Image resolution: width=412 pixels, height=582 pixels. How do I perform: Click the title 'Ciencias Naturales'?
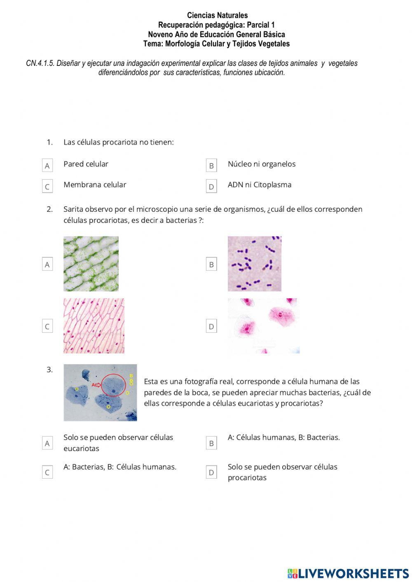(217, 16)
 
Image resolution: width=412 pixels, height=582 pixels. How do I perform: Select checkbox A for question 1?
(47, 166)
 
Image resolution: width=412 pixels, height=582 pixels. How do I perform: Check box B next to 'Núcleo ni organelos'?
(211, 166)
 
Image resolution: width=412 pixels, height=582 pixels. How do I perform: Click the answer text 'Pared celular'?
(86, 164)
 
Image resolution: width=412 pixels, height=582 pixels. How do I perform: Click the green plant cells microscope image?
(91, 264)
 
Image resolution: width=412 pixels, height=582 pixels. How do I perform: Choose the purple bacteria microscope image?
(254, 264)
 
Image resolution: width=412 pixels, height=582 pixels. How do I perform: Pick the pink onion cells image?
(94, 326)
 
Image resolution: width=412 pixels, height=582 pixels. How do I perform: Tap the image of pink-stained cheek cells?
(263, 326)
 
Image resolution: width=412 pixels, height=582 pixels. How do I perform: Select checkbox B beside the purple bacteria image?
(211, 264)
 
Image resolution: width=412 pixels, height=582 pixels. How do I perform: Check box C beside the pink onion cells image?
(47, 327)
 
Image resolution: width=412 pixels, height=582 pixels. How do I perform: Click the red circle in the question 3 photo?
(113, 386)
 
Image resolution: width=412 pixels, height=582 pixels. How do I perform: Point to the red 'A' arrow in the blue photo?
(96, 385)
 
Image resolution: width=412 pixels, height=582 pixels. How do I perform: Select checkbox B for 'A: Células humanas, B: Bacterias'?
(211, 443)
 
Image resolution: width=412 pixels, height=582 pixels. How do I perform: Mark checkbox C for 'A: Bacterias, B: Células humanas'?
(47, 472)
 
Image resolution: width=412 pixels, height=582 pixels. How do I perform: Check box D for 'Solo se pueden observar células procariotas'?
(211, 472)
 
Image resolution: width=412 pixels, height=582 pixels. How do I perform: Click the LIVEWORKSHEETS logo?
(348, 573)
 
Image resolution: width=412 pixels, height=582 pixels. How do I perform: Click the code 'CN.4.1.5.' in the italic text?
(40, 63)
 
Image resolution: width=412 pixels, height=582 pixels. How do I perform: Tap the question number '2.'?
(49, 209)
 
